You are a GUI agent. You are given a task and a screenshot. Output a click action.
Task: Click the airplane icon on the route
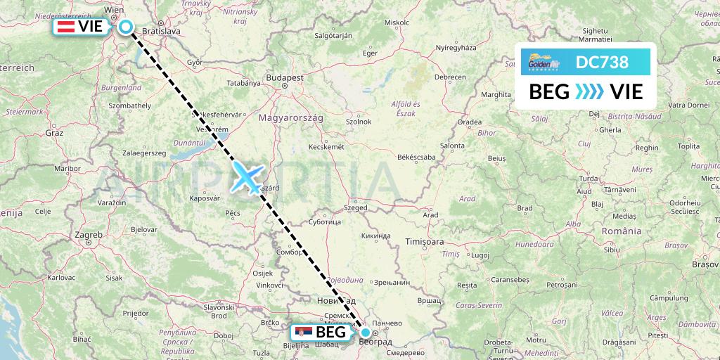point(247,176)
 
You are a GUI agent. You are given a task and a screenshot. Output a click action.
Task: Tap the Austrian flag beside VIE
point(66,27)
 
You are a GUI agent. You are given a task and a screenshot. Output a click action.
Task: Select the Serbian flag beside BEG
point(302,332)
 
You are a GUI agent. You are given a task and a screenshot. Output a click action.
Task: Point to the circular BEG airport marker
point(366,332)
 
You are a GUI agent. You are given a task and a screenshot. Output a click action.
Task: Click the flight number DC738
point(603,62)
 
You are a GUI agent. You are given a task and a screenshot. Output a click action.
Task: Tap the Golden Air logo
point(544,63)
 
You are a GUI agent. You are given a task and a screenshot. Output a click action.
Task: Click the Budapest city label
point(284,77)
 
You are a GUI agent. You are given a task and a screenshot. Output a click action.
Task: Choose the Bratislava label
point(162,31)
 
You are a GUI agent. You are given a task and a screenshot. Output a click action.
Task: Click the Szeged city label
point(356,208)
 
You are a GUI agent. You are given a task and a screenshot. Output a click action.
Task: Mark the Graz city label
point(54,132)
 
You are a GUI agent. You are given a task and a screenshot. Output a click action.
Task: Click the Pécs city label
point(233,212)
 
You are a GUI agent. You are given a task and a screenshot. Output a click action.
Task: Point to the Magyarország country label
point(291,118)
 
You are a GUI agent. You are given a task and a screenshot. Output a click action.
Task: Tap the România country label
point(622,231)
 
